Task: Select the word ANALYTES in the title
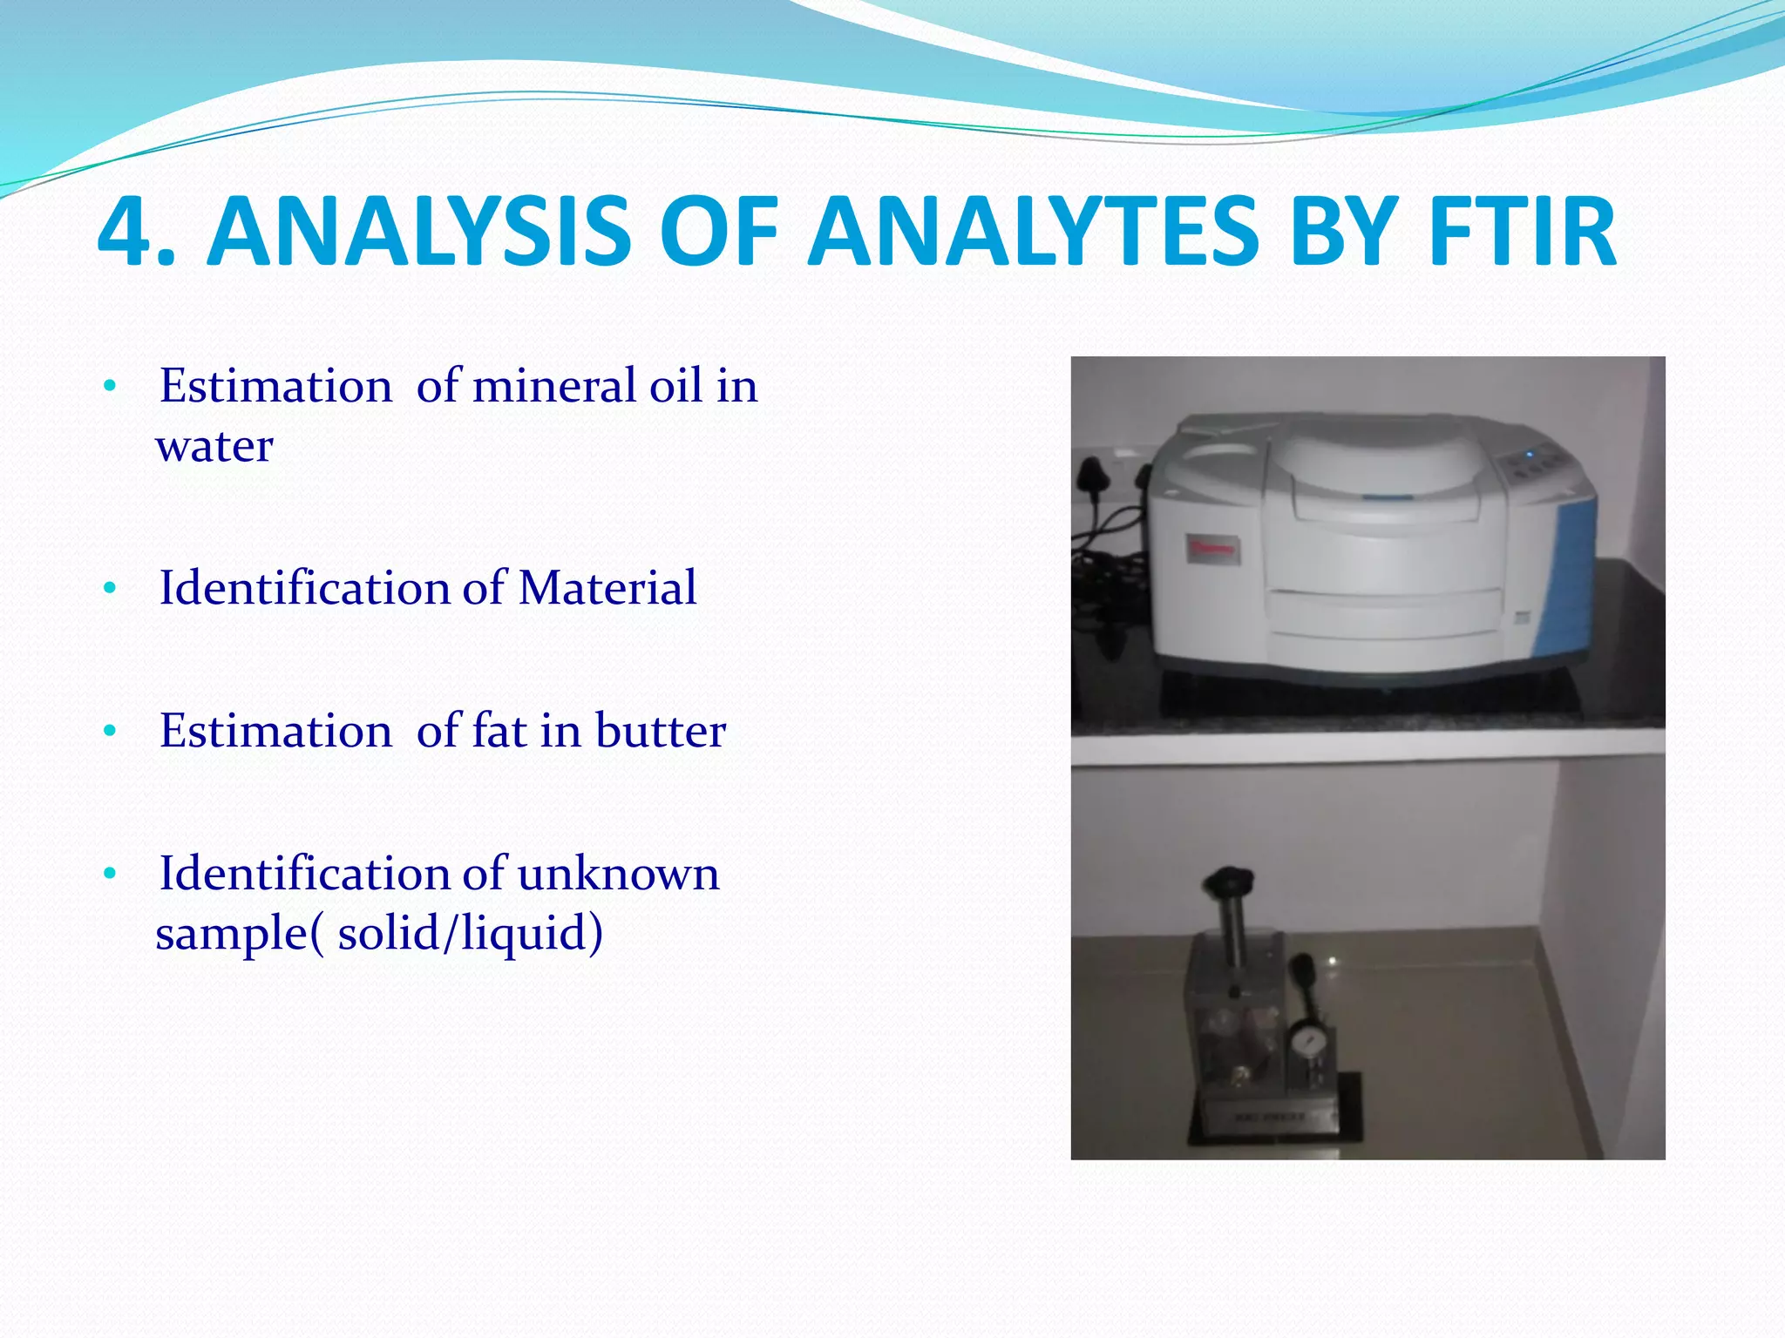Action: pyautogui.click(x=1034, y=232)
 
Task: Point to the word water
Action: pyautogui.click(x=214, y=446)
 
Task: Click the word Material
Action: pyautogui.click(x=607, y=588)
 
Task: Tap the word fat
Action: pyautogui.click(x=499, y=731)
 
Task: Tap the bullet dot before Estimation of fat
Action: pyautogui.click(x=109, y=733)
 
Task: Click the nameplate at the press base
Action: pyautogui.click(x=1269, y=1116)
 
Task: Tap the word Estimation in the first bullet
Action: pyautogui.click(x=275, y=386)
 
